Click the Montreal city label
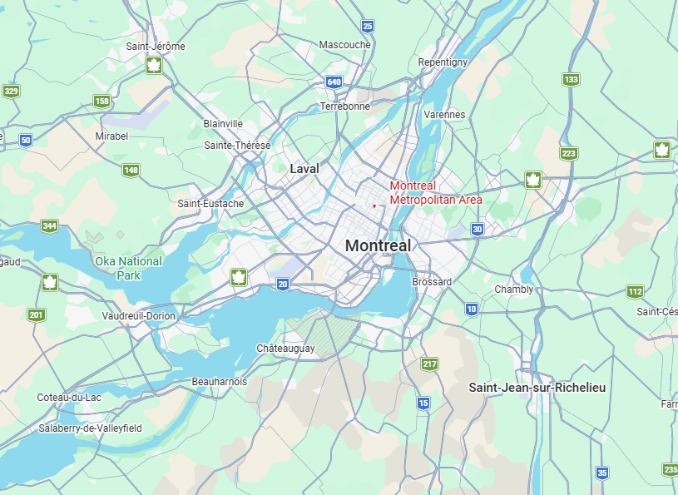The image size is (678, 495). click(378, 246)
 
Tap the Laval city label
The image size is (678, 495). click(304, 169)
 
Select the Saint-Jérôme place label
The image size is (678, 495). click(156, 47)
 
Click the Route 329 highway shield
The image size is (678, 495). click(11, 91)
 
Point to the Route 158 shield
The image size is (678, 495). click(101, 101)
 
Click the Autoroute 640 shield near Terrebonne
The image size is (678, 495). click(334, 82)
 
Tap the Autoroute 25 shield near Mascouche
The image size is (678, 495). click(368, 27)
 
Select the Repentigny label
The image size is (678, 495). click(443, 62)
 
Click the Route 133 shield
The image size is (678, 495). click(570, 80)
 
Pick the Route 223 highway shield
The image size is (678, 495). click(568, 153)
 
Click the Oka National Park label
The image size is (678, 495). click(128, 268)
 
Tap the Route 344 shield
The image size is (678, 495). click(50, 225)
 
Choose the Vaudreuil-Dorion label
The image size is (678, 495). click(138, 316)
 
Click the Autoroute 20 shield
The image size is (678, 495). click(283, 285)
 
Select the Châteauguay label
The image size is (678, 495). click(285, 349)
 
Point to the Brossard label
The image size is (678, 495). click(432, 282)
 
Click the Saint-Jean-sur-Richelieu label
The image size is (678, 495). click(537, 388)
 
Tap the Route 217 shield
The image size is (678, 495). click(429, 364)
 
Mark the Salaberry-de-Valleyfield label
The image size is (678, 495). click(90, 428)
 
